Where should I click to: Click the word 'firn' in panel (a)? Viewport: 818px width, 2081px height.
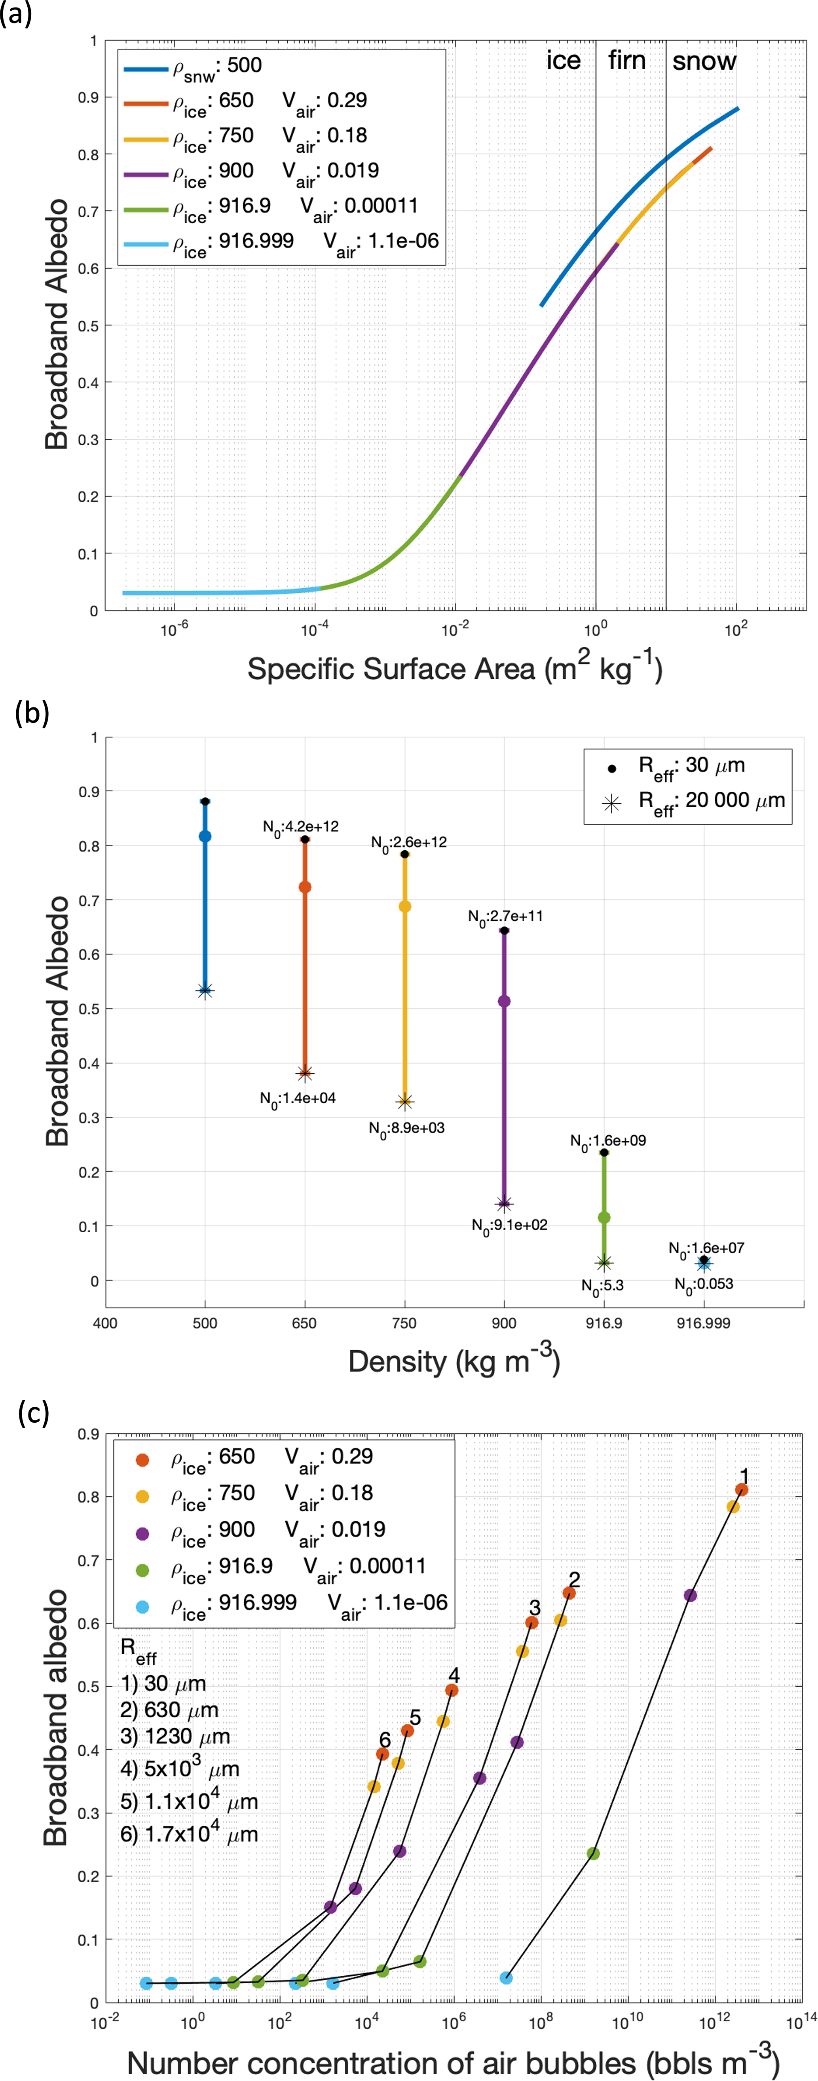pyautogui.click(x=626, y=61)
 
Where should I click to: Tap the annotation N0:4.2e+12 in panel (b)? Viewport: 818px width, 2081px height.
pyautogui.click(x=300, y=827)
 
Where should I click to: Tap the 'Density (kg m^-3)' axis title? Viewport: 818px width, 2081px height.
pyautogui.click(x=454, y=1362)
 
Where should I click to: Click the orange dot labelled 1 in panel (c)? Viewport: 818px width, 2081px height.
pyautogui.click(x=741, y=1490)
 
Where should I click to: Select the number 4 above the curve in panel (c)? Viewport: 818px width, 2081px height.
pyautogui.click(x=454, y=1676)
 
